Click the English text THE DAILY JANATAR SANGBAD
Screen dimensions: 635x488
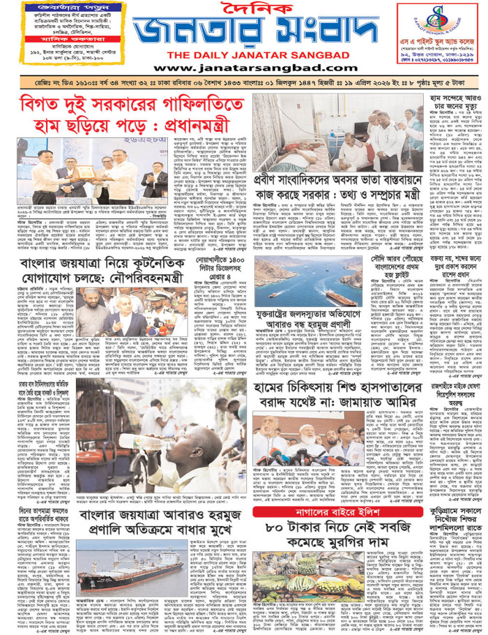click(243, 55)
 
